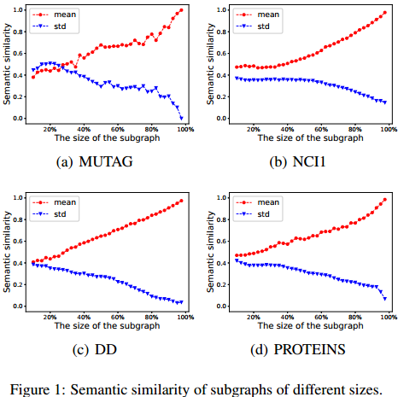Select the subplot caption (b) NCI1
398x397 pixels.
(x=299, y=160)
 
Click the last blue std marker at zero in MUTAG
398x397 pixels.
(x=181, y=118)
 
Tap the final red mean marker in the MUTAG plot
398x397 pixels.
(x=181, y=10)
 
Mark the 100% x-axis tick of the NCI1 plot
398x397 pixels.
(x=387, y=128)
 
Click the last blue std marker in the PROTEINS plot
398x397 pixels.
(x=384, y=299)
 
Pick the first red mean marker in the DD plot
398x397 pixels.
(x=33, y=262)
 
